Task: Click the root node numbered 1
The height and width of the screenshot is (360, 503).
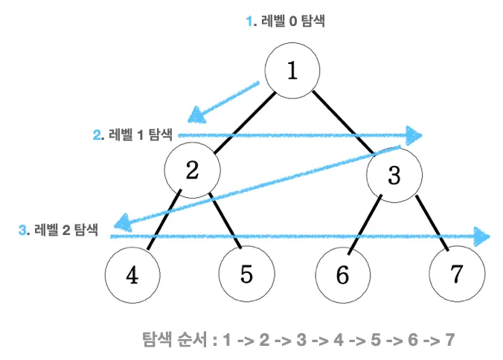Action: (292, 71)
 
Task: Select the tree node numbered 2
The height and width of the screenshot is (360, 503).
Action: (193, 170)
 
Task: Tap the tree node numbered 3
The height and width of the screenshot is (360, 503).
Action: (394, 175)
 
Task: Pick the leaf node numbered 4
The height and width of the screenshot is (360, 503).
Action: (132, 275)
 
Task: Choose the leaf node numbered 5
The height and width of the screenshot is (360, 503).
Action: (247, 274)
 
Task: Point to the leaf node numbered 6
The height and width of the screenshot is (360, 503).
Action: (342, 275)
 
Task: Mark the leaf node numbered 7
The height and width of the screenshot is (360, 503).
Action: (457, 274)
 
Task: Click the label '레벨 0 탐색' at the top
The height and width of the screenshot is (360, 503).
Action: (293, 21)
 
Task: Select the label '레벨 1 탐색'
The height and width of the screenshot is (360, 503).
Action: (141, 135)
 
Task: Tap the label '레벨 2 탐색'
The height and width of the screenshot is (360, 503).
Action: (65, 230)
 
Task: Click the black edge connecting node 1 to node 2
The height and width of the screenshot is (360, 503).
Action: (245, 123)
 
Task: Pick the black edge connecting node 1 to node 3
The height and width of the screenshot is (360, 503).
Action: (343, 123)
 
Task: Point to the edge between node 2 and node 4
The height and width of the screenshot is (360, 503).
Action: (164, 219)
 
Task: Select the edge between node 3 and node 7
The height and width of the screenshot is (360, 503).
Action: (432, 223)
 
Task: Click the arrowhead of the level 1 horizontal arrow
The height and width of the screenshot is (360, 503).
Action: (414, 135)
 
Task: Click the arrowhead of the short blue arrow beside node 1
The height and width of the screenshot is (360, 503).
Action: (196, 115)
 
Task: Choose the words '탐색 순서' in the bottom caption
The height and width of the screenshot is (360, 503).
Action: (175, 339)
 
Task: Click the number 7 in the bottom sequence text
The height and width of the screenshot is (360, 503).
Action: (449, 340)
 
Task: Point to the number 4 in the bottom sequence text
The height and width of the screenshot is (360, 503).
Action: (339, 340)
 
